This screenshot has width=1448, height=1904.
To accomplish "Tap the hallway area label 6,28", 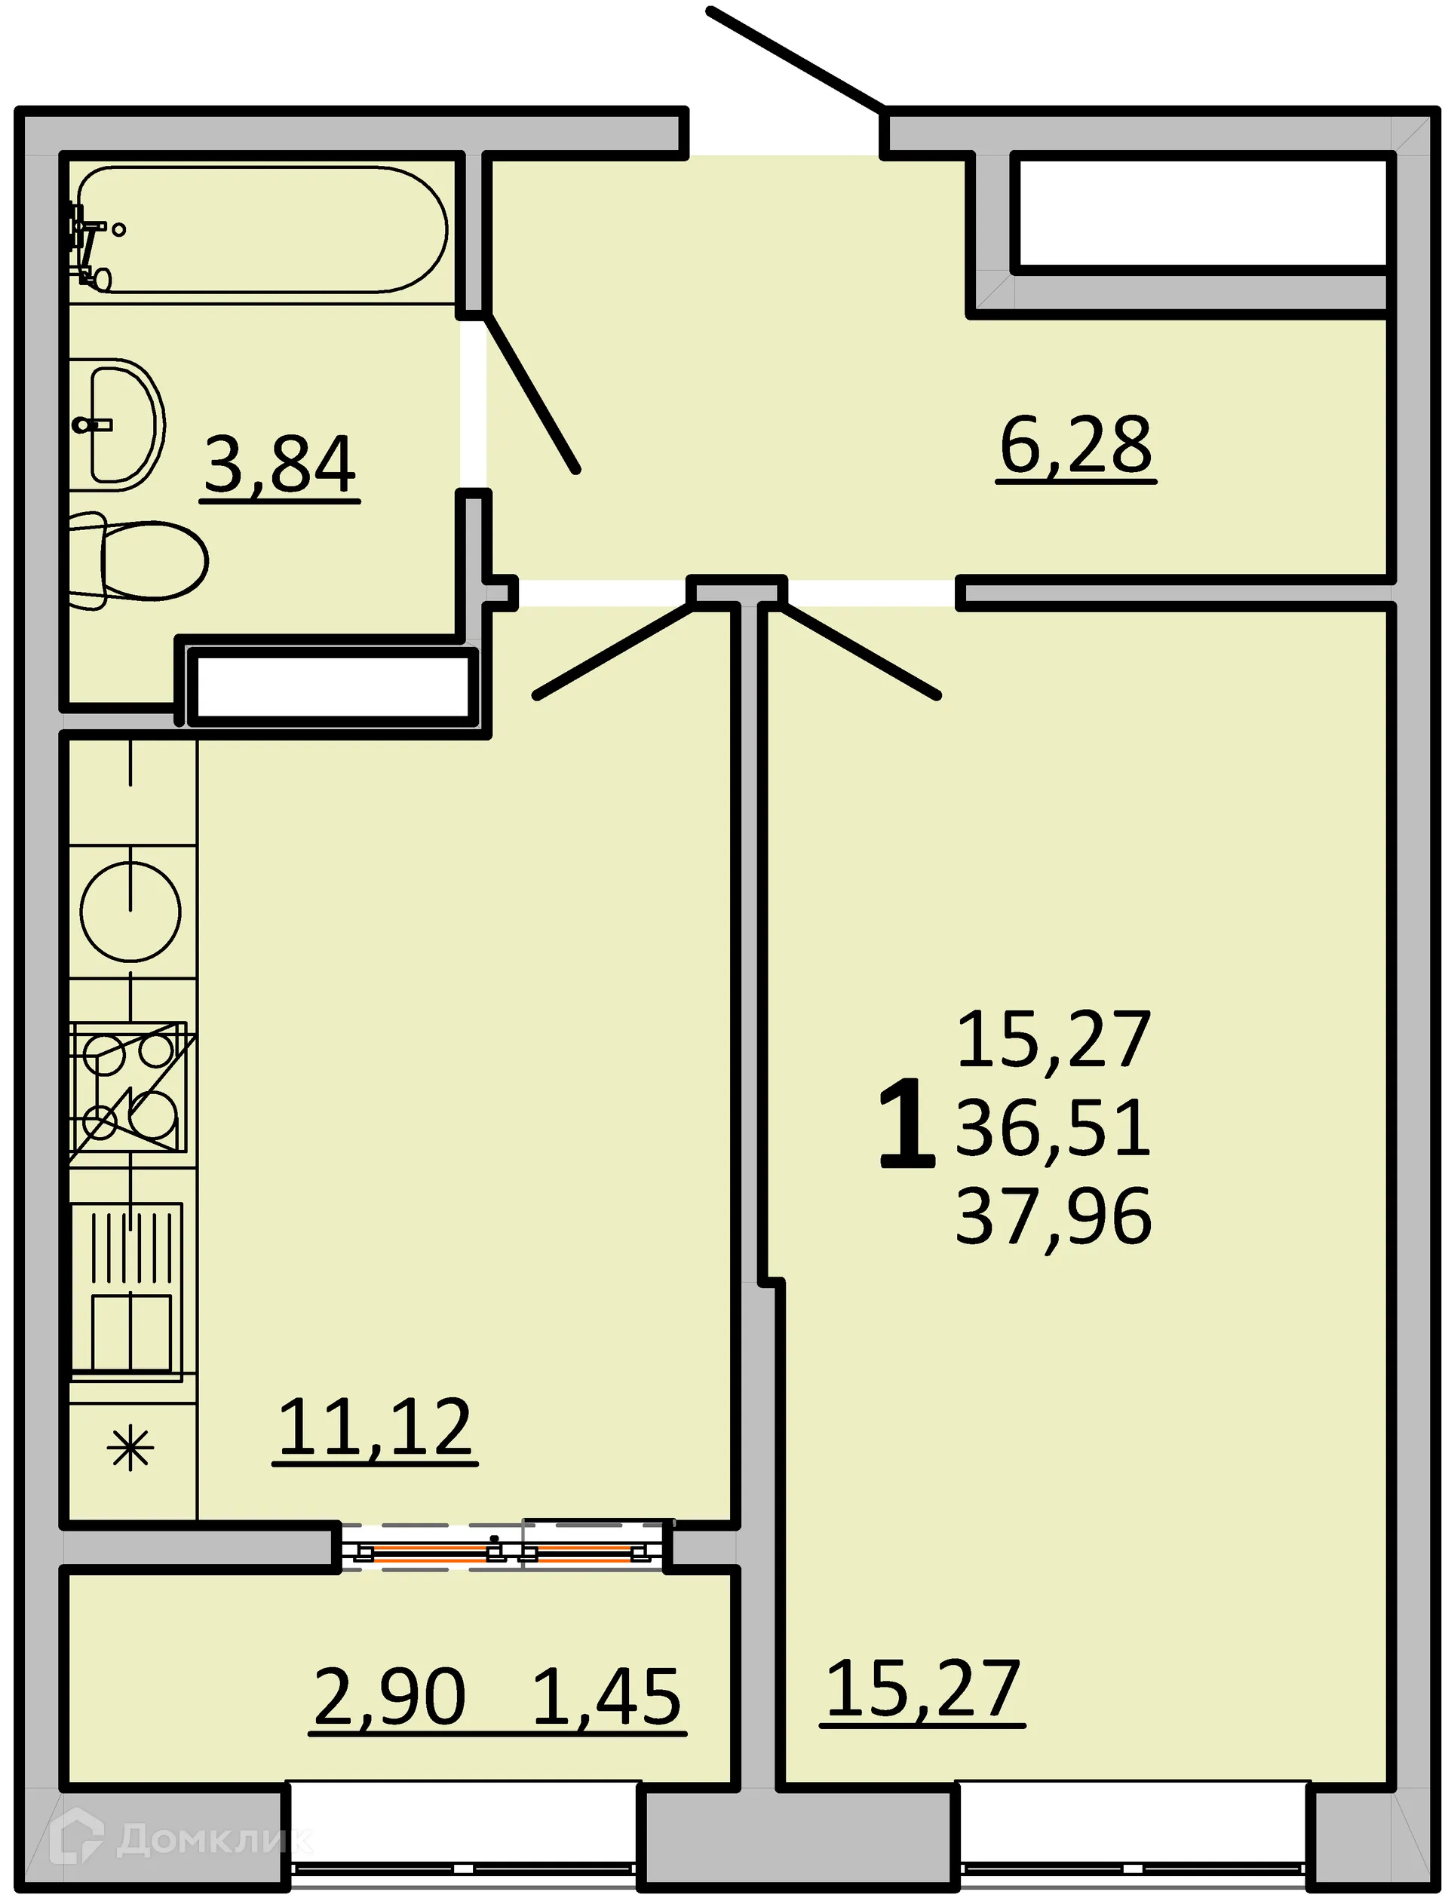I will tap(1075, 446).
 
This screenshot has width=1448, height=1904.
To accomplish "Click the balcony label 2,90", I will tap(390, 1697).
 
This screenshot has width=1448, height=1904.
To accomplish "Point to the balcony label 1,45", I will tap(608, 1697).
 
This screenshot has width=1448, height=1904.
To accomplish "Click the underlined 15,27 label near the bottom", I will tap(923, 1690).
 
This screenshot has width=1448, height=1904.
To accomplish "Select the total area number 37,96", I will tap(1054, 1216).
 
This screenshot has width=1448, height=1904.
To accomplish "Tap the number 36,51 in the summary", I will tap(1054, 1128).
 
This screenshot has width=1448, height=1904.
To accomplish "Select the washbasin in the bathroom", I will tap(121, 425).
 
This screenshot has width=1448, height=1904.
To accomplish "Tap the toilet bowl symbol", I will tap(146, 561).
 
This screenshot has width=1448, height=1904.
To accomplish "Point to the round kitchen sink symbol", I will tap(131, 912).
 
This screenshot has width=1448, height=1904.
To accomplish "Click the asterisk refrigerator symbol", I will tap(130, 1449).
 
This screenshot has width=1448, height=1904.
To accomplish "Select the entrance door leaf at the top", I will tap(795, 60).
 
